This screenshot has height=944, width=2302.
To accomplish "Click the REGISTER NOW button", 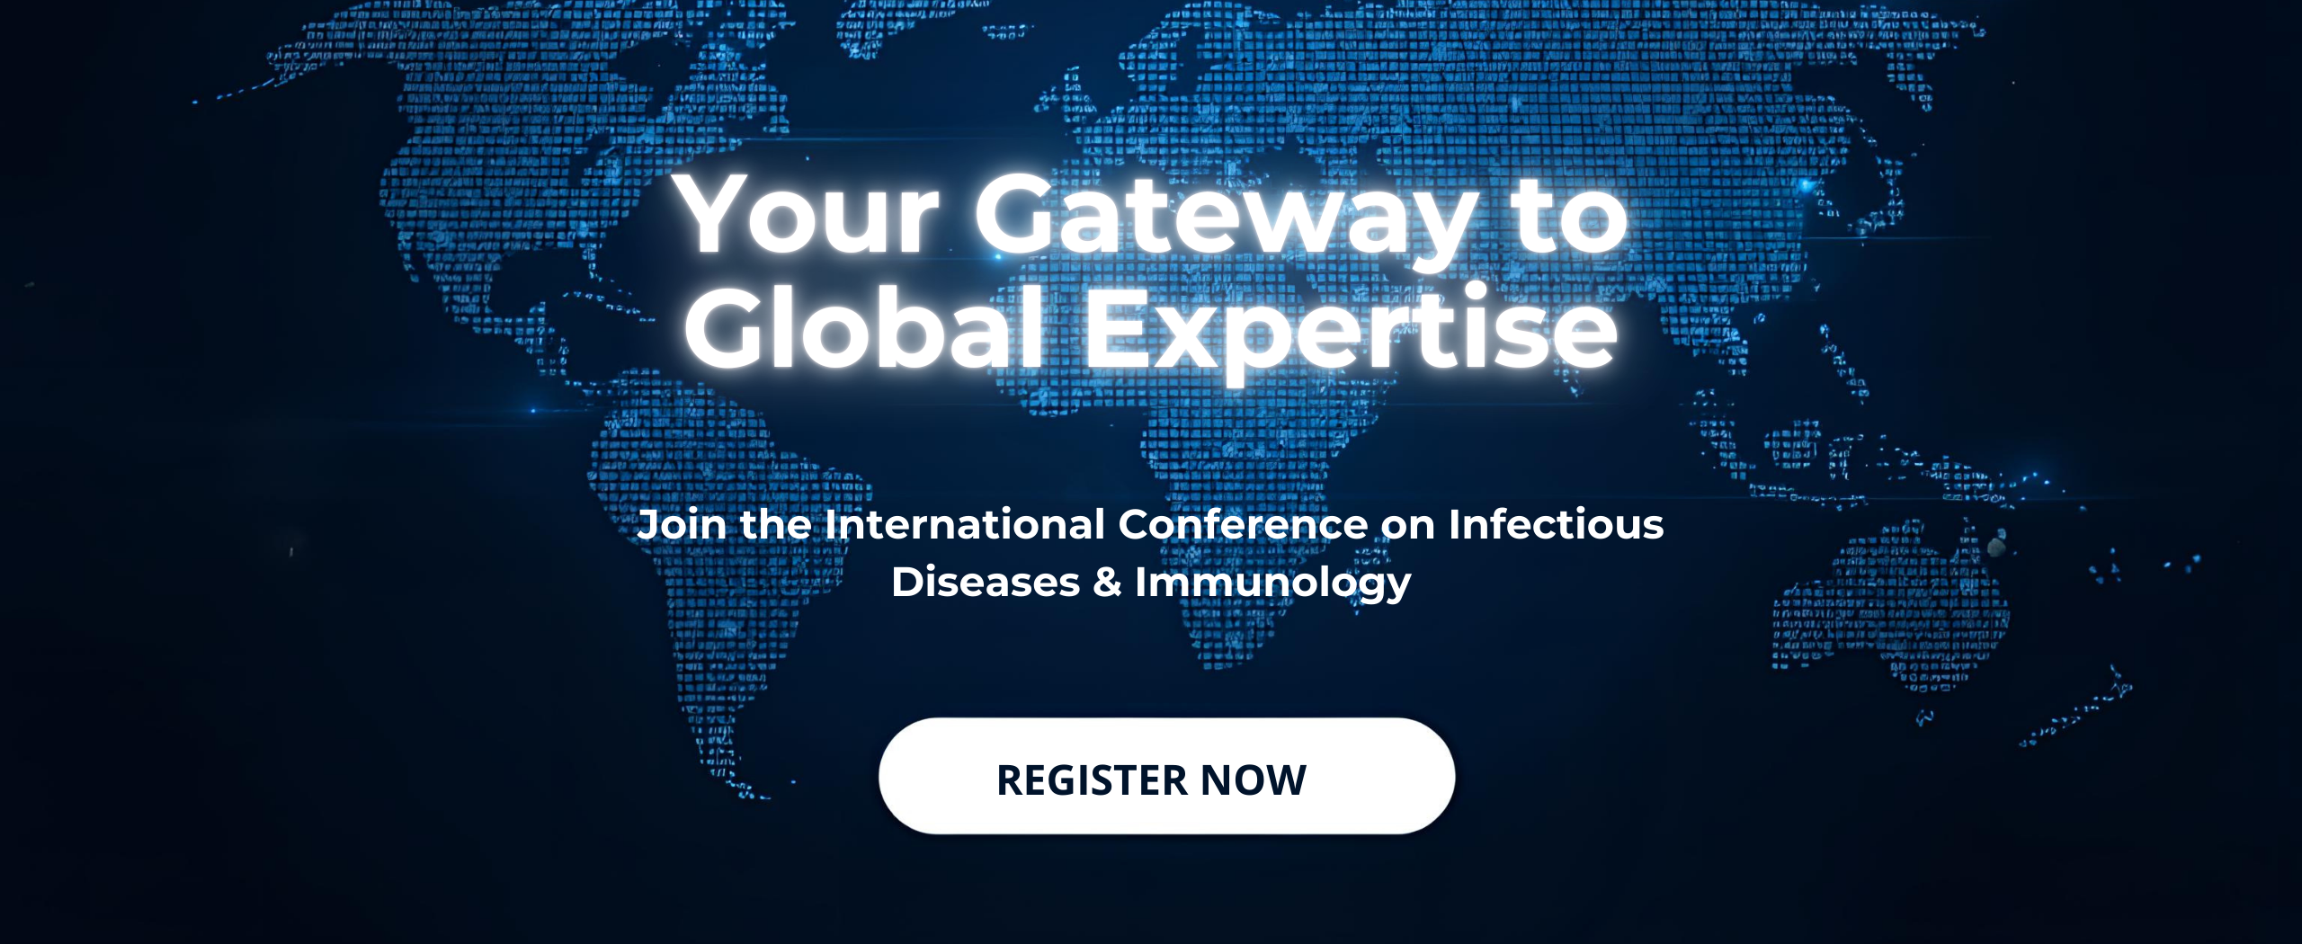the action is (1166, 776).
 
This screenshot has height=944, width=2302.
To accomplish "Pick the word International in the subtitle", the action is (964, 524).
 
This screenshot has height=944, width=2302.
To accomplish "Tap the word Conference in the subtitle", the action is (1243, 524).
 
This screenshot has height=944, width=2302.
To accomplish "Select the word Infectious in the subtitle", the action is (1556, 524).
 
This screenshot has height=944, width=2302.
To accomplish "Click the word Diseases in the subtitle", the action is (986, 583).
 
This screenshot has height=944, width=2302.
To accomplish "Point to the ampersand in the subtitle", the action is (1107, 583).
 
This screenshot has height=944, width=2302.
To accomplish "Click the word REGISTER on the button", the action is (1092, 780).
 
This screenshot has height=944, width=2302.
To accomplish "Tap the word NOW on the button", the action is (1253, 780).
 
